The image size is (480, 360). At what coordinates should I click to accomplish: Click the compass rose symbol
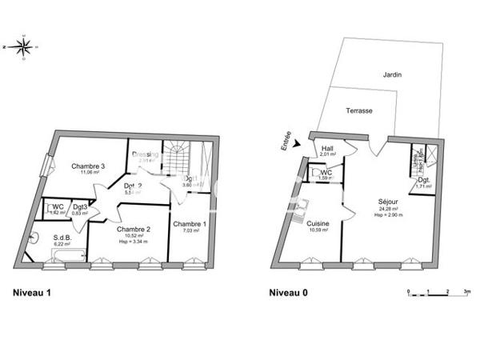26,48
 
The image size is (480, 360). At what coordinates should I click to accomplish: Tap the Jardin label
392,74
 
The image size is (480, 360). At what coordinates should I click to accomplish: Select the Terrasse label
359,111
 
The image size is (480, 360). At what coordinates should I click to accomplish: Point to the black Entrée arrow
298,145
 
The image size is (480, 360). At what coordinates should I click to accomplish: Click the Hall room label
328,148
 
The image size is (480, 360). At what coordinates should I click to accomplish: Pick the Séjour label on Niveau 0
389,202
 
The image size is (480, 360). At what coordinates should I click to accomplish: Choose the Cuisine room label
318,225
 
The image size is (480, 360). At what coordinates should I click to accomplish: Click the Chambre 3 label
89,166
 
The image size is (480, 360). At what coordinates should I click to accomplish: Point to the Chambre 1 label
190,224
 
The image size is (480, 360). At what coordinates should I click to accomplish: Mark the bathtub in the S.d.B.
67,254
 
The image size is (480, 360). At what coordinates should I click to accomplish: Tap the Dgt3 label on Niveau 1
79,207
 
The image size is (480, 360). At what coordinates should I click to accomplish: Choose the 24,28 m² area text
388,209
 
